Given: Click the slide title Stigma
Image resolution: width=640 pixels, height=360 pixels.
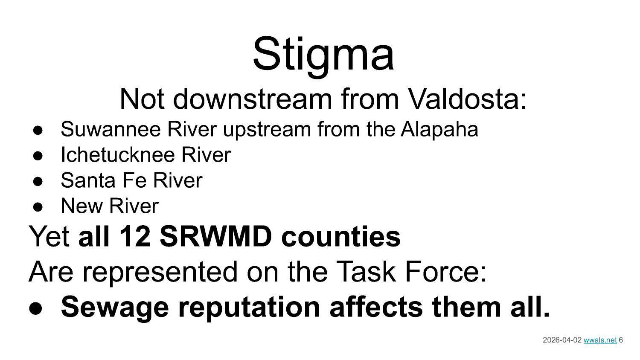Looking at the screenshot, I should [x=323, y=54].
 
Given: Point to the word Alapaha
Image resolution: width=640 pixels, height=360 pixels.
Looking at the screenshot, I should [x=439, y=129].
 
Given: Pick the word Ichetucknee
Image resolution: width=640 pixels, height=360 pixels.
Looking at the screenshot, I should [x=118, y=154].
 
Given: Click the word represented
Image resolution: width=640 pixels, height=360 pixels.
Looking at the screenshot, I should [x=159, y=272].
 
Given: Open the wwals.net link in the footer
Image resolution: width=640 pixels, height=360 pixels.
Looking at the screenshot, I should [x=600, y=340].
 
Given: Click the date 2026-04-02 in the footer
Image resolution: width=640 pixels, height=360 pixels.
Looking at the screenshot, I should [x=562, y=340].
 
